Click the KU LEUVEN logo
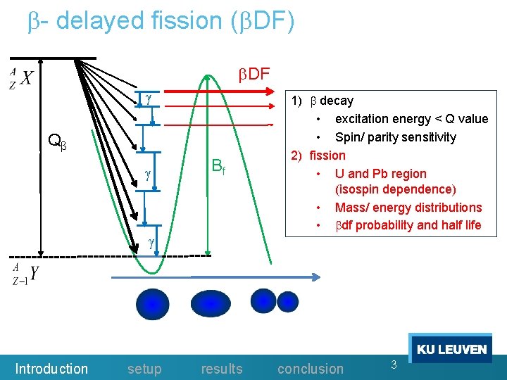(x=451, y=349)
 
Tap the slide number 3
(x=394, y=364)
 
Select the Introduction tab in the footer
(x=51, y=369)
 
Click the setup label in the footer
(x=144, y=369)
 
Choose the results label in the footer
(x=221, y=369)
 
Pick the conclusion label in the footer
(x=311, y=369)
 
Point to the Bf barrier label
(x=218, y=167)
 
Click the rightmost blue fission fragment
(x=289, y=302)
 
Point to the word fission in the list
(x=327, y=155)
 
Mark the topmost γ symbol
(x=149, y=99)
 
